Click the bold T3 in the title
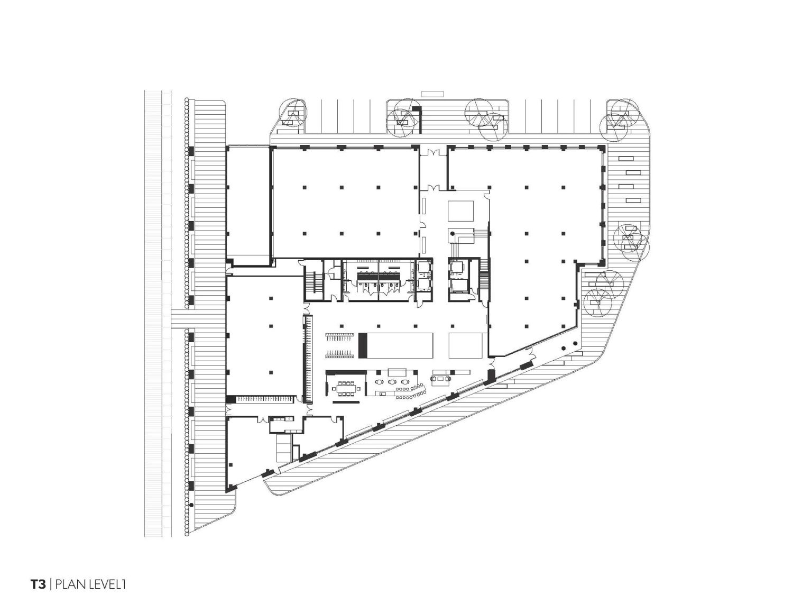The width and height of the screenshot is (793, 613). (38, 594)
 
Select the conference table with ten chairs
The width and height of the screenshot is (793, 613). (346, 388)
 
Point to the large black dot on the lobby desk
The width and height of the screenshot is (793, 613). (452, 233)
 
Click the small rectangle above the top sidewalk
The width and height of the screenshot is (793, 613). (432, 94)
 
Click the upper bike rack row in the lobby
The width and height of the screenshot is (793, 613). (339, 337)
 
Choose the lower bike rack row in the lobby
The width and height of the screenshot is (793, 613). (339, 354)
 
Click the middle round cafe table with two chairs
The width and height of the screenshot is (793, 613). (392, 381)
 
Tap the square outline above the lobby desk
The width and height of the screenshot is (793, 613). (460, 211)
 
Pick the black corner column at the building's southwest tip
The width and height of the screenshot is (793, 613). (229, 489)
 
